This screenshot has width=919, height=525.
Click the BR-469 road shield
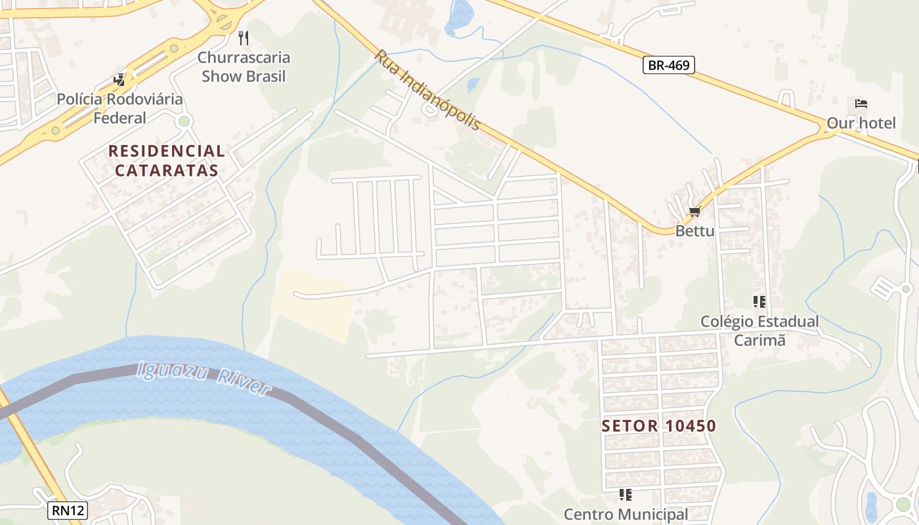pos(668,65)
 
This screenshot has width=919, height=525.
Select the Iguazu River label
pos(203,379)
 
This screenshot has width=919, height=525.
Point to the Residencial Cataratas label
pos(167,161)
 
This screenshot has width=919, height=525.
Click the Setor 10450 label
pos(658,426)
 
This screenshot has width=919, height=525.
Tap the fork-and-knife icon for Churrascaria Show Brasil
pos(244,38)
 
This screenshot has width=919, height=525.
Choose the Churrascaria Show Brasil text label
pos(244,67)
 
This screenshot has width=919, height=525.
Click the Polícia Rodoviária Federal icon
pos(119,80)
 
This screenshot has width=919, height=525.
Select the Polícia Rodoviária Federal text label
pos(119,109)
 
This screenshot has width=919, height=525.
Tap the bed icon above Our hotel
pos(861,104)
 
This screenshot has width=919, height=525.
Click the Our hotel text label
pos(861,123)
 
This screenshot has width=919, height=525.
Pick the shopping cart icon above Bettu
pos(695,212)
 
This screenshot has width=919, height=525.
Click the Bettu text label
pos(695,231)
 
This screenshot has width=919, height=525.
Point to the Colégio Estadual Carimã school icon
pos(759,302)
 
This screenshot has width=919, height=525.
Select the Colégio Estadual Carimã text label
pos(759,331)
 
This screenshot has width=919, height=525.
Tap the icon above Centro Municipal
pos(625,495)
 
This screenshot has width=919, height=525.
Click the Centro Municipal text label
pos(626,514)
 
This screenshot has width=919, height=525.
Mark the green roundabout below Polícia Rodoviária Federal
pos(184,121)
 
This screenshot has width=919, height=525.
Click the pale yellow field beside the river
pos(315,302)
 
